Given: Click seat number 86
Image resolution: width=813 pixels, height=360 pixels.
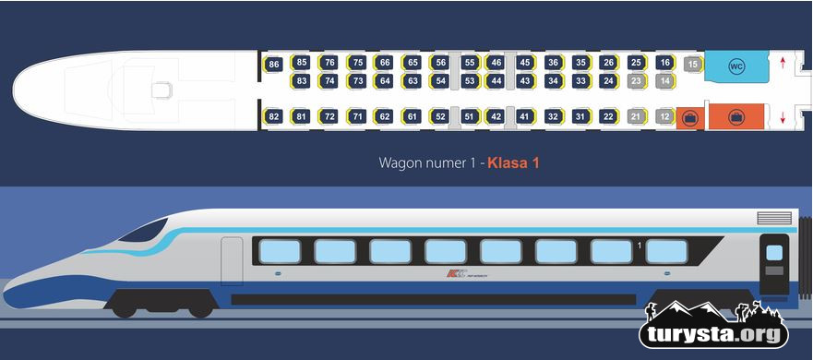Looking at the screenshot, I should tap(273, 65).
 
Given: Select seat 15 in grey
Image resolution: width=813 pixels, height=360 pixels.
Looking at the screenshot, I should tap(693, 65).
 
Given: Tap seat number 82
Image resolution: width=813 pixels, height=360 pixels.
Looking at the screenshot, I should tap(273, 116).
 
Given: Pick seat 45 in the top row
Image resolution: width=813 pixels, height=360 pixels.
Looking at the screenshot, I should tap(524, 63).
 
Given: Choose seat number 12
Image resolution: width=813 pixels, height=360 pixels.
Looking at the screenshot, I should tap(664, 116).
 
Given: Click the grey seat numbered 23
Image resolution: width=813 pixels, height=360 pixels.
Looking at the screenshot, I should tap(635, 81).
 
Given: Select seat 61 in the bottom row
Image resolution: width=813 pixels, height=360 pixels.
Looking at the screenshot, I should tap(412, 116).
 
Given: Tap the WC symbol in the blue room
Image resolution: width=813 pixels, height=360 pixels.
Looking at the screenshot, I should tap(736, 66).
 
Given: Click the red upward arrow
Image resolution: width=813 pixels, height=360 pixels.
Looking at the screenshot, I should tap(783, 64).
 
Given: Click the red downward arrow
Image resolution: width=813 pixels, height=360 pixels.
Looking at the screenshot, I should tap(783, 117).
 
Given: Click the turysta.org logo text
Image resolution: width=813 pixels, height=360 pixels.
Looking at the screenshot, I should tap(714, 334).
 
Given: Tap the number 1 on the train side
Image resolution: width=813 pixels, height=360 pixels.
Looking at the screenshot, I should tap(640, 245).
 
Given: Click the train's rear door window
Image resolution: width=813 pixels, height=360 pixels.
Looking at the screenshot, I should tap(774, 252).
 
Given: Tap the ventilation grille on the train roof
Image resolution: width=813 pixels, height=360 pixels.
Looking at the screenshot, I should tap(773, 218).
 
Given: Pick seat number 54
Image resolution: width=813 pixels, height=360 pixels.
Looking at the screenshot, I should tap(441, 81).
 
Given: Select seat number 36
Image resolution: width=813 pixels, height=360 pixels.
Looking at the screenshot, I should tap(552, 63).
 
